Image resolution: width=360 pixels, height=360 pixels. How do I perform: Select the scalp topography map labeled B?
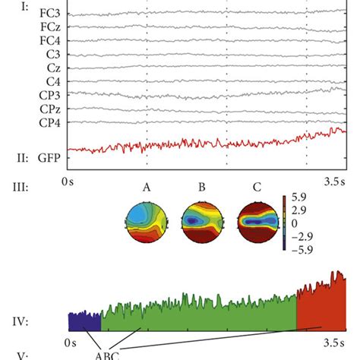point(201,222)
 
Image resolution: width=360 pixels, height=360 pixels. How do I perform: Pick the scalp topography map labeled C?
point(256,222)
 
